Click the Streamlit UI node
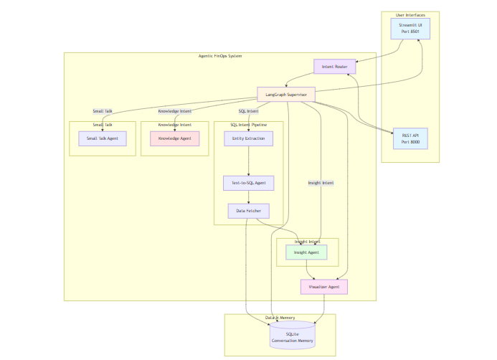(410, 29)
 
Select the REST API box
(410, 138)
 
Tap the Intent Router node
(335, 67)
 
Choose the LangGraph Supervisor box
(286, 94)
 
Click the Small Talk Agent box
(103, 138)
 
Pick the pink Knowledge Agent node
(174, 138)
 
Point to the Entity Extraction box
(248, 138)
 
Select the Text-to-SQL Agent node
(248, 183)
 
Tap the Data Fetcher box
(248, 211)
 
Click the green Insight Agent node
(306, 252)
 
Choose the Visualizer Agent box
(323, 287)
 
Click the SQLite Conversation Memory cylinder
(292, 337)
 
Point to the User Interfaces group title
(410, 15)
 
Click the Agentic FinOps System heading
(220, 56)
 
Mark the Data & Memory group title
(280, 318)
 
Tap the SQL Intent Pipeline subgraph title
(248, 125)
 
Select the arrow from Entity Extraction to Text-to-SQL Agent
(248, 161)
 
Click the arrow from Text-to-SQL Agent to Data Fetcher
(248, 197)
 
